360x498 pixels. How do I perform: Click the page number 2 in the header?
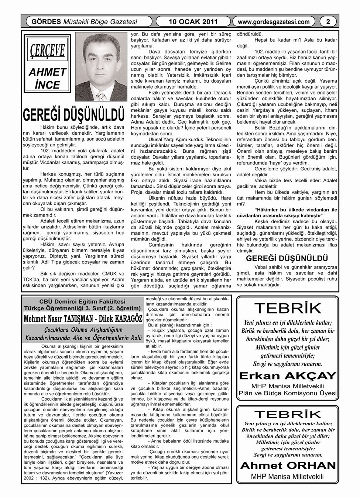[x=328, y=22]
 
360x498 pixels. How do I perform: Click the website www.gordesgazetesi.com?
[x=274, y=22]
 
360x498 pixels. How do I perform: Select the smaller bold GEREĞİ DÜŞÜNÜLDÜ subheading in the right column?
[x=287, y=258]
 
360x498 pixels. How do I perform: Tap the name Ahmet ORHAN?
[x=288, y=465]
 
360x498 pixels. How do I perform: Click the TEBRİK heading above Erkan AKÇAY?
[x=288, y=308]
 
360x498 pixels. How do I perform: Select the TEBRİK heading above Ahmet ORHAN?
[x=288, y=414]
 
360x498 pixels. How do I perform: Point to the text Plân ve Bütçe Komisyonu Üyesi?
[x=288, y=393]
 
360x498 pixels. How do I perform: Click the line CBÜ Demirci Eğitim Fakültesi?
[x=82, y=301]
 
